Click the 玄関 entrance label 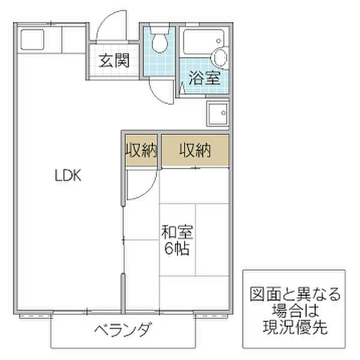pos(113,61)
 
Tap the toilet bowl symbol pos(160,41)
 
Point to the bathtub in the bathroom pos(198,43)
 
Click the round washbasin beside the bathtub pos(220,58)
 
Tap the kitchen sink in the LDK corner pos(30,40)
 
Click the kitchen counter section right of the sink pos(72,41)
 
